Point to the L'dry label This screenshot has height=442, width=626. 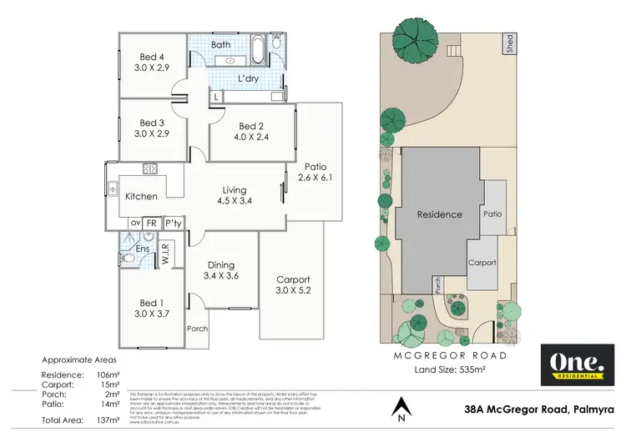coord(249,78)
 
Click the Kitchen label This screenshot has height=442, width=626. coord(141,197)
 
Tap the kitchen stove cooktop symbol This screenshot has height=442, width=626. coord(150,168)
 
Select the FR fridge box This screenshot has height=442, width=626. coord(152,224)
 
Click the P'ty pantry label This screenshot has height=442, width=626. coord(173,224)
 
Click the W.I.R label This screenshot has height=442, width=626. coord(164,251)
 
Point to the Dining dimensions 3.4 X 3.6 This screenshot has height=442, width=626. coord(221,273)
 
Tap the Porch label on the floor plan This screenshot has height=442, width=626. coord(197,328)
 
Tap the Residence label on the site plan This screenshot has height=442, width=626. coord(440,214)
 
